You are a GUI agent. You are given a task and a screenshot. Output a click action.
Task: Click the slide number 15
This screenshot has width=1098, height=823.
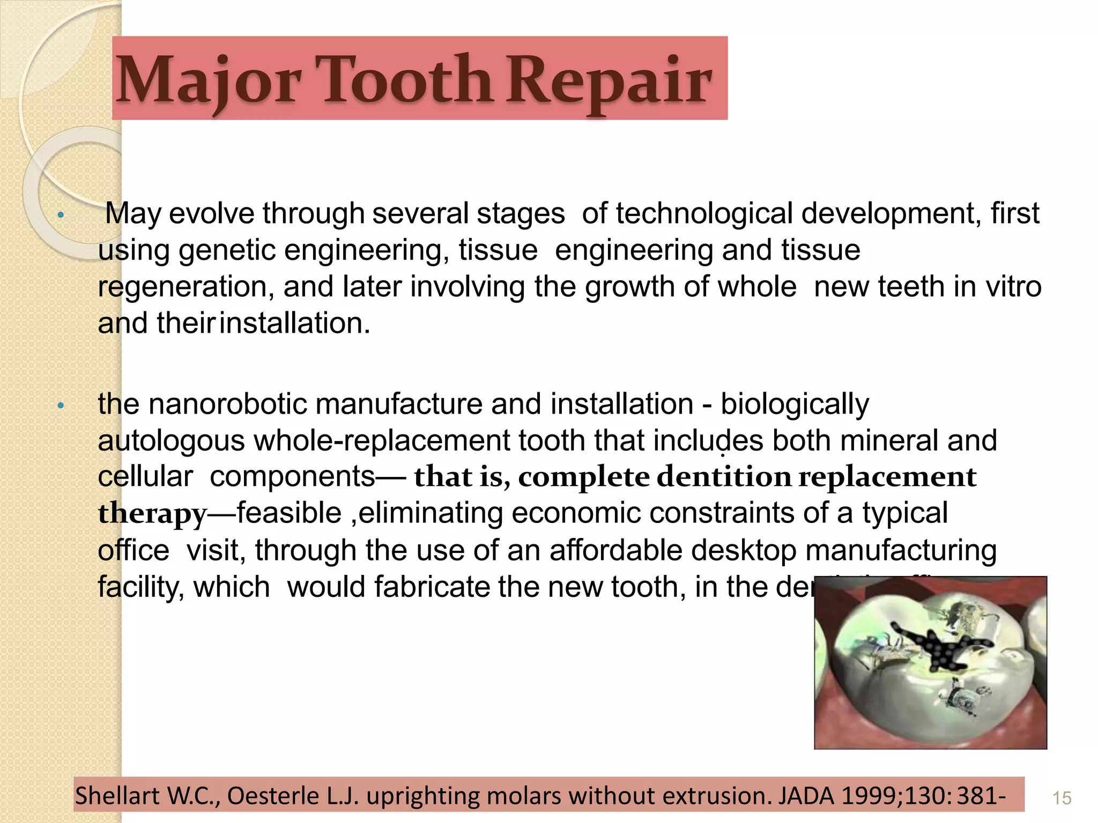click(x=1062, y=798)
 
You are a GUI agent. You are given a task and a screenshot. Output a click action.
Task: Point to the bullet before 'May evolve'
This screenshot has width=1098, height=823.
click(x=61, y=215)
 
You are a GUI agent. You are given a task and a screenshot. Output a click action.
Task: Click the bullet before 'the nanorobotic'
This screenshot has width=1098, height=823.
click(x=61, y=406)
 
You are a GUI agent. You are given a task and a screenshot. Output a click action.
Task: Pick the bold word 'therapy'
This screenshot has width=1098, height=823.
click(x=152, y=513)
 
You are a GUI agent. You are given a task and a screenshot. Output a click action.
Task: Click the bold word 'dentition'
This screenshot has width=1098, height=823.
click(x=724, y=477)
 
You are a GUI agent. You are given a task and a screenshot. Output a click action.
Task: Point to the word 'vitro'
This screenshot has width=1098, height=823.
click(x=1013, y=287)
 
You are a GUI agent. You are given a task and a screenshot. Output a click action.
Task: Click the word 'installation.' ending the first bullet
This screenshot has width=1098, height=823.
click(x=295, y=323)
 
